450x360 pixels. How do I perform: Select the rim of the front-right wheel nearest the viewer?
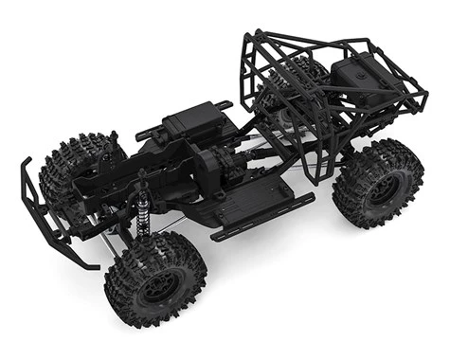coord(154,283)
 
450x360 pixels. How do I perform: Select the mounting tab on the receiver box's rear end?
coord(223,104)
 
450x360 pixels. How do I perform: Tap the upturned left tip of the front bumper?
coord(27,169)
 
